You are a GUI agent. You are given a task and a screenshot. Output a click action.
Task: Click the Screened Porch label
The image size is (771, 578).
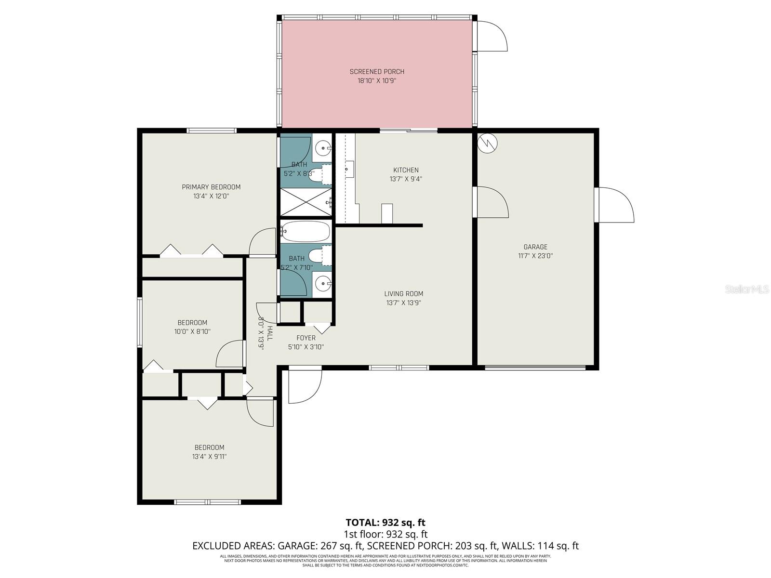click(x=377, y=72)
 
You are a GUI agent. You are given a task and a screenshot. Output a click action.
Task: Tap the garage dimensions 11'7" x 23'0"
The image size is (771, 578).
click(x=535, y=256)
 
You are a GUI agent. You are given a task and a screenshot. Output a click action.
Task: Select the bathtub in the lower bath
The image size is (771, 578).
click(x=306, y=232)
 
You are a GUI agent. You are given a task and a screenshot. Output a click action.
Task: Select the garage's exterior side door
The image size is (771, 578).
click(x=614, y=205)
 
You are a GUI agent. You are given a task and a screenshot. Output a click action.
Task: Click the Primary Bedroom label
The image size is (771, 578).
click(x=211, y=187)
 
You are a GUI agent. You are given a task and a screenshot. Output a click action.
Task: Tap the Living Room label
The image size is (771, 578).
click(x=404, y=294)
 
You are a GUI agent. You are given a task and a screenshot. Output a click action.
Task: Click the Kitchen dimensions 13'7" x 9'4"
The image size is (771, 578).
click(x=406, y=179)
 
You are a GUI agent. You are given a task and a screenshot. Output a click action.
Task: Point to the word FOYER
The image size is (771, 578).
click(x=306, y=338)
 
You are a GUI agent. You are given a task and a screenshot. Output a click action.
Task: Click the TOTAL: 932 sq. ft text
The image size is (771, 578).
click(x=385, y=523)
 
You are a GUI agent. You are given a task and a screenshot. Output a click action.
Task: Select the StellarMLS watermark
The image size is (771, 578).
click(x=747, y=289)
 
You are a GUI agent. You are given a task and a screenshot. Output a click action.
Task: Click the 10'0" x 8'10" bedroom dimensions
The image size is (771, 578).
click(x=192, y=332)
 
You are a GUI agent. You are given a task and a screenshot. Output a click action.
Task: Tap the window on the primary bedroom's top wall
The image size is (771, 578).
click(x=212, y=131)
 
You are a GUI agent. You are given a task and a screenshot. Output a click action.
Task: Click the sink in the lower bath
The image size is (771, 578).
click(x=323, y=283)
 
